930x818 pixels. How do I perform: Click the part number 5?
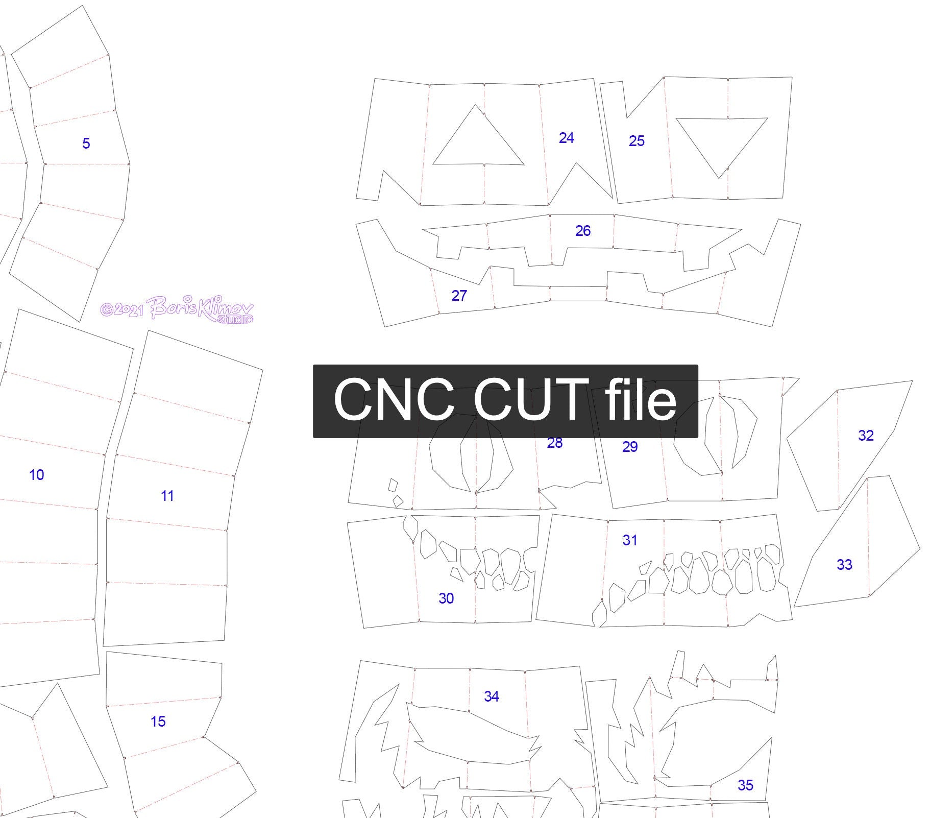pos(86,143)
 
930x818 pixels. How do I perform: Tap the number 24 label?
pos(566,138)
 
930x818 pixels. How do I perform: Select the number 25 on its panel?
pos(637,141)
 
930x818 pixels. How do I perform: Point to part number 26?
pos(582,231)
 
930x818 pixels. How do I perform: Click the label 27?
pos(459,296)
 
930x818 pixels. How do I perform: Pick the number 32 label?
pos(866,436)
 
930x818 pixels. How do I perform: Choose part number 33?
pos(844,565)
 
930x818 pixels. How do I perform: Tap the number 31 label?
pos(630,540)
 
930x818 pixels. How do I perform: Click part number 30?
pos(446,598)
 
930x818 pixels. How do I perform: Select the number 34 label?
pos(491,696)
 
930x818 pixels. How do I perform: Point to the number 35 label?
pos(745,785)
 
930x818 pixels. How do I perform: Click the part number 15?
pos(158,721)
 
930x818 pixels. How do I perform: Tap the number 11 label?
pos(167,496)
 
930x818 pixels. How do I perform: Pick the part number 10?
pos(36,475)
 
